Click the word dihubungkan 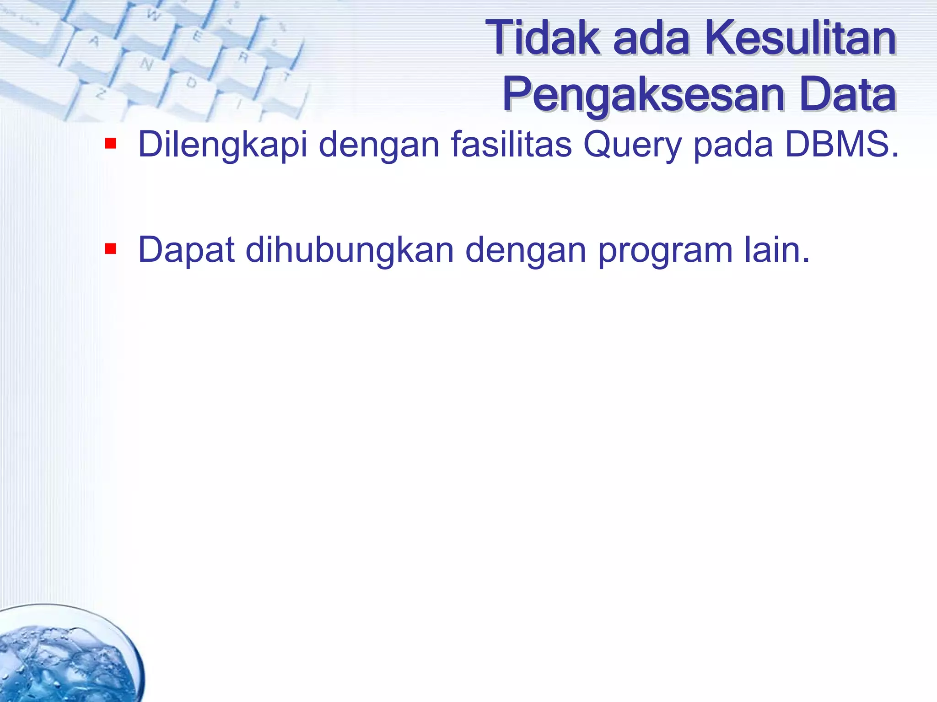[x=350, y=251]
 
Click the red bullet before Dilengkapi [x=110, y=144]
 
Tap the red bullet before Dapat [x=110, y=249]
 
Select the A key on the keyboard [x=94, y=42]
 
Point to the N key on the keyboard [x=146, y=65]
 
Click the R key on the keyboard [x=243, y=58]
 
